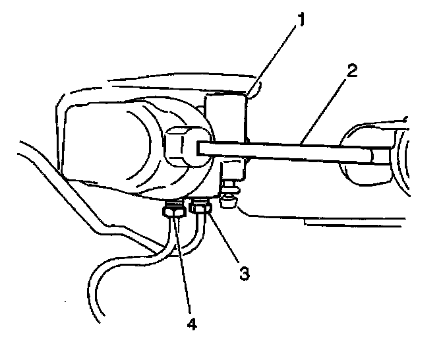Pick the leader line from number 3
pos(224,241)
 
